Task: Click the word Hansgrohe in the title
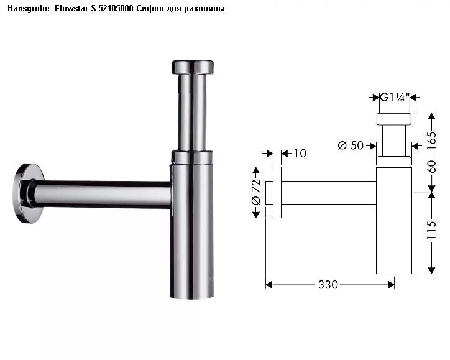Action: tap(27, 9)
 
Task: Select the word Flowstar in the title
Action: tap(72, 9)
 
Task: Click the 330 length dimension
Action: tap(328, 285)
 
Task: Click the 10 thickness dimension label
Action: tap(300, 154)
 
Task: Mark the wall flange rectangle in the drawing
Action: tap(277, 192)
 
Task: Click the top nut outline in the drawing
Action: tap(394, 121)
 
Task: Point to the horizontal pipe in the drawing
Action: tap(329, 192)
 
